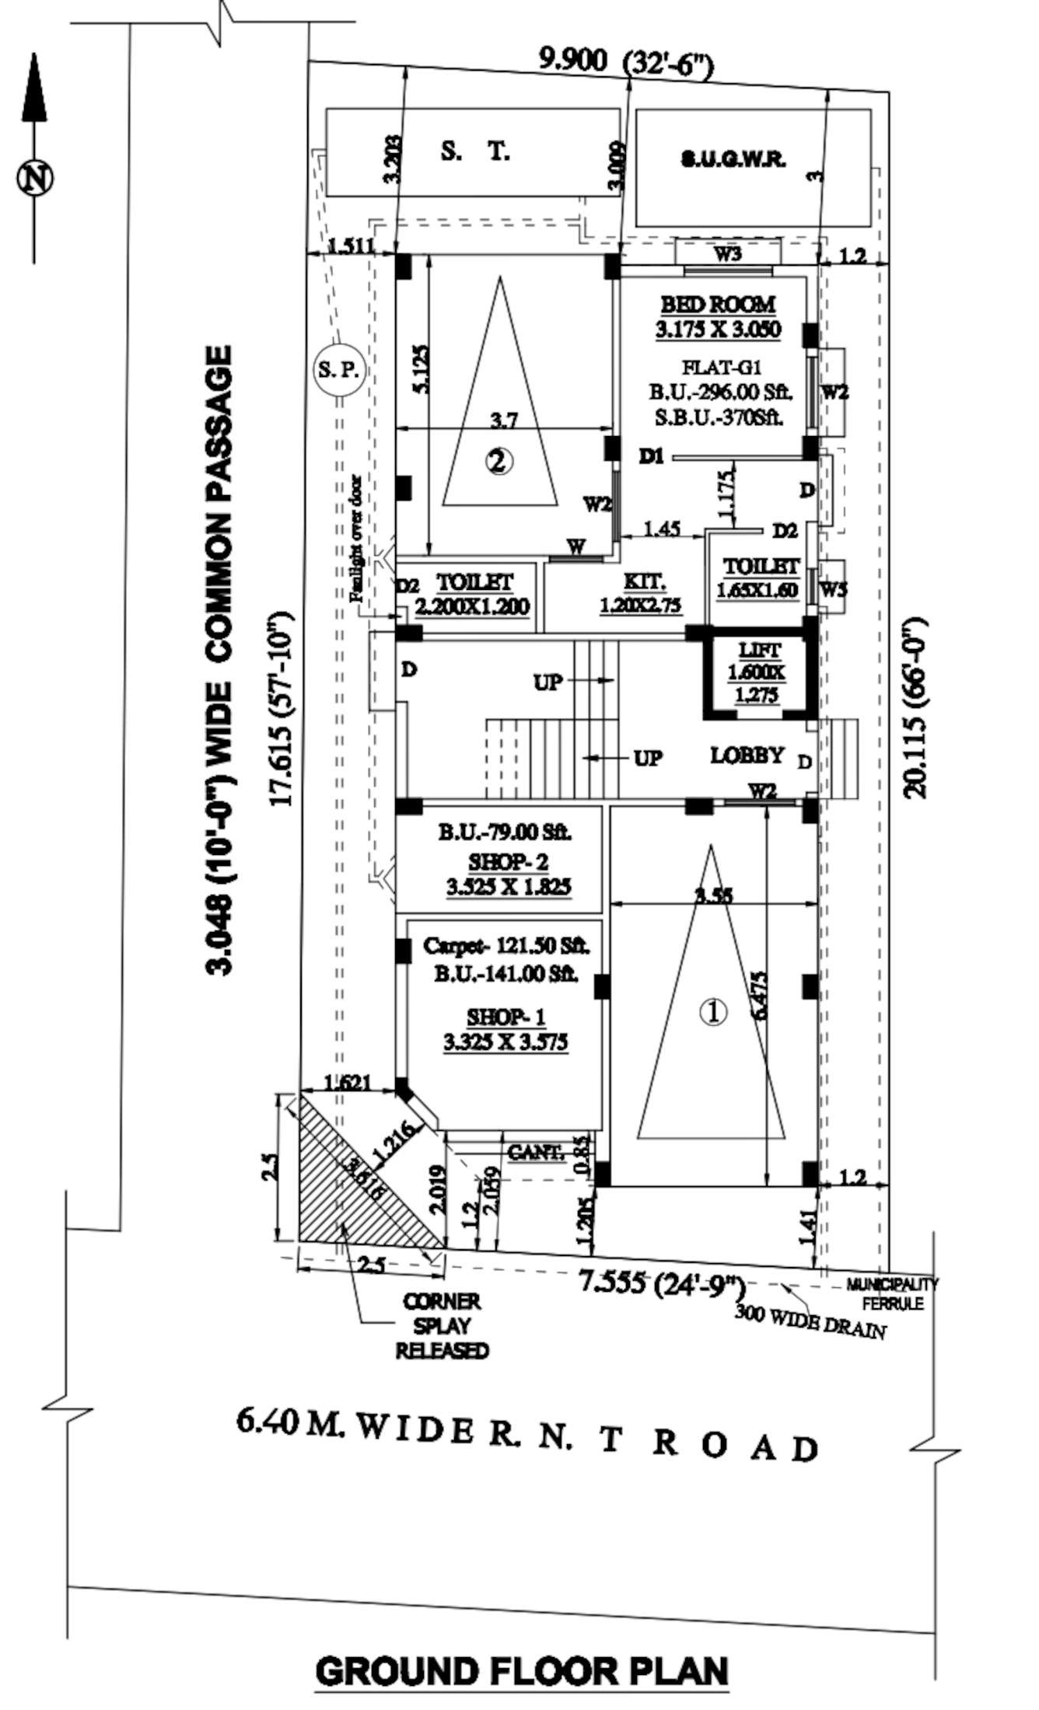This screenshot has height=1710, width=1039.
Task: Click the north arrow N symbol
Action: [x=35, y=178]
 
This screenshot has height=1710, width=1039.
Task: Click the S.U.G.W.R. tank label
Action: [x=733, y=159]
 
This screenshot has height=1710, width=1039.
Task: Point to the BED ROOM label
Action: [x=718, y=304]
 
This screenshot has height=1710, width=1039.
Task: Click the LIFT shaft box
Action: [x=760, y=672]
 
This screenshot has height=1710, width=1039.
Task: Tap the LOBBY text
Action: [x=747, y=755]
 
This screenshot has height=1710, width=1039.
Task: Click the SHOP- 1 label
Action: [x=506, y=1016]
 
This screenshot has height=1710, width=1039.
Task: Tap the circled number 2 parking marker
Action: [x=499, y=462]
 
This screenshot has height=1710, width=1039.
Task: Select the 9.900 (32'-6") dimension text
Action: [x=625, y=62]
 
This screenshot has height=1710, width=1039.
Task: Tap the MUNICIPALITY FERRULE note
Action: [x=892, y=1294]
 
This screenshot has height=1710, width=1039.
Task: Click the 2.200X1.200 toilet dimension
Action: [x=473, y=606]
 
